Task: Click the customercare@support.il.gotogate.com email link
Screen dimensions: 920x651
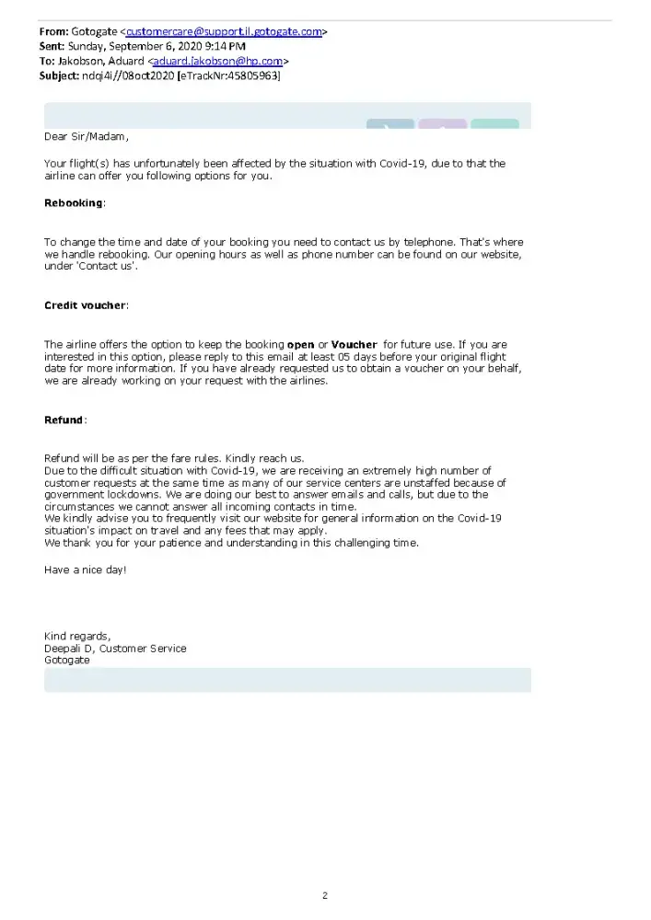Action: pyautogui.click(x=224, y=31)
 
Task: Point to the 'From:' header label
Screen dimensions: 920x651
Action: pyautogui.click(x=53, y=31)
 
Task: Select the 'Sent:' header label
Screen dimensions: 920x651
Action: pyautogui.click(x=52, y=46)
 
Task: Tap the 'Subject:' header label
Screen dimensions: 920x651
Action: pyautogui.click(x=59, y=75)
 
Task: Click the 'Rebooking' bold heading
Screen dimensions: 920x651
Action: pyautogui.click(x=74, y=202)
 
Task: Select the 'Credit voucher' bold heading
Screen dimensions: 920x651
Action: pyautogui.click(x=85, y=305)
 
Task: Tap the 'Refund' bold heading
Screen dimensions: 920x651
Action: pyautogui.click(x=64, y=420)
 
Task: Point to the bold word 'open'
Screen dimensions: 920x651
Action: pyautogui.click(x=300, y=345)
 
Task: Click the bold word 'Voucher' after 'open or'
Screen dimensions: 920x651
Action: pyautogui.click(x=354, y=345)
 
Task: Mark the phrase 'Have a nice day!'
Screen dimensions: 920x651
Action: pyautogui.click(x=86, y=569)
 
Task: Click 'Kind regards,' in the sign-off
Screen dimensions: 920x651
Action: pyautogui.click(x=77, y=636)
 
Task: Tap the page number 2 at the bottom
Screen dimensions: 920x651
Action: pyautogui.click(x=325, y=895)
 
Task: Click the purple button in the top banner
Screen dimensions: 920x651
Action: pyautogui.click(x=442, y=123)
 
